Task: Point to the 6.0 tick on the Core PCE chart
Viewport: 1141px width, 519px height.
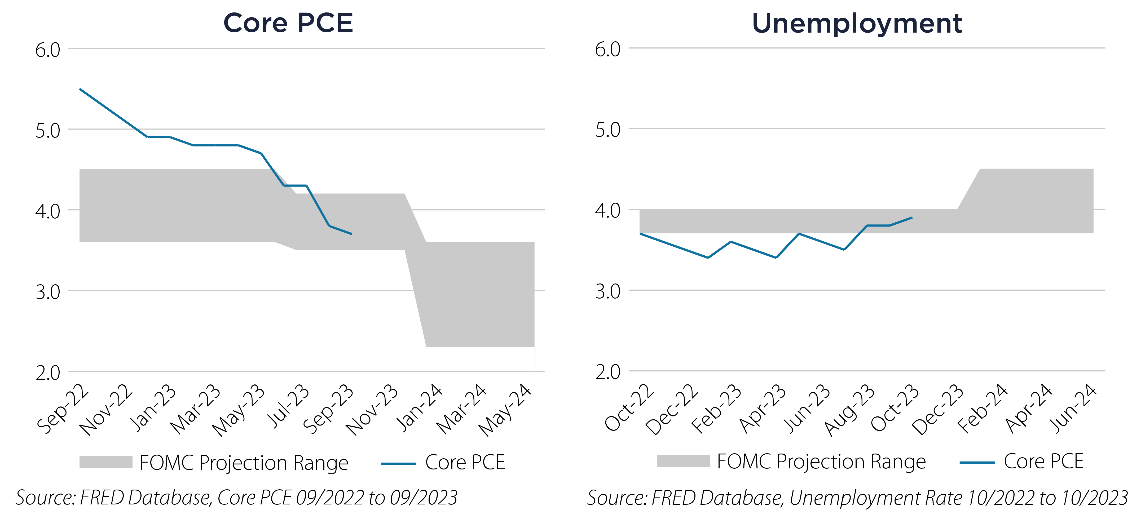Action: point(48,50)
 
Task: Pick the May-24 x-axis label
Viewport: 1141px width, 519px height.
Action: point(505,410)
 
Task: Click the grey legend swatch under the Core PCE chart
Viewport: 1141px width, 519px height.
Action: point(106,462)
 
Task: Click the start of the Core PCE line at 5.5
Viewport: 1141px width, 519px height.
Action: point(80,89)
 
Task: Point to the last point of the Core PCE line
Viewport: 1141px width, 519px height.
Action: point(351,234)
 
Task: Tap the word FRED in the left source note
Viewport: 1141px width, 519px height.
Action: point(102,498)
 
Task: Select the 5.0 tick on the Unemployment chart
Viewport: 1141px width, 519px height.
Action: point(608,130)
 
